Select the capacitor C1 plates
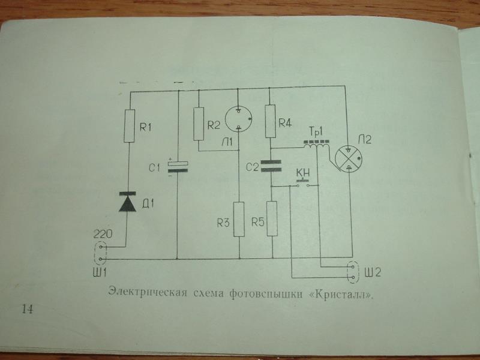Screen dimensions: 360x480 tap(178, 166)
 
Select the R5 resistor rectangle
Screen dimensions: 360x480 tap(271, 218)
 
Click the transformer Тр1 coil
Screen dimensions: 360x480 tap(315, 146)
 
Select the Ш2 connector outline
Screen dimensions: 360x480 tap(352, 271)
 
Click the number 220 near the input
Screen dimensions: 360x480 tap(100, 231)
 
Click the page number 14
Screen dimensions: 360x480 tap(27, 308)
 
